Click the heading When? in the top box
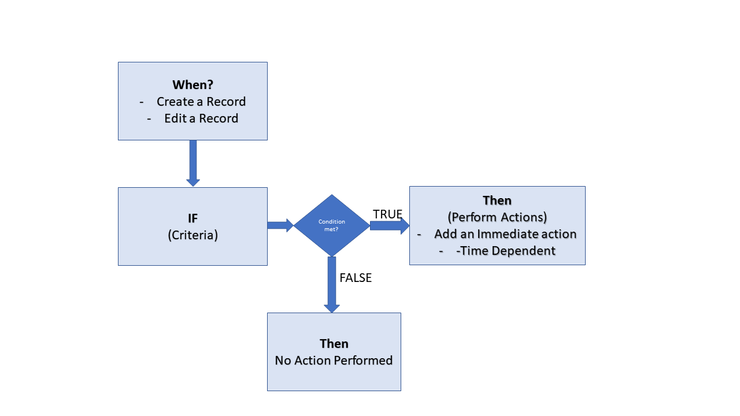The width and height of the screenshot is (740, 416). click(193, 85)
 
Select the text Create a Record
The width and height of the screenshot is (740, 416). click(201, 102)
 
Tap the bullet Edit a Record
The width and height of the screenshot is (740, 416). click(201, 118)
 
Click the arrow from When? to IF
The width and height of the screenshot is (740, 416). click(193, 163)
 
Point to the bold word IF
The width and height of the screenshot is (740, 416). click(193, 218)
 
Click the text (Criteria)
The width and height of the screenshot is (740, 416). click(193, 235)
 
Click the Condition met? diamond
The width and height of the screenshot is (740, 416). click(331, 225)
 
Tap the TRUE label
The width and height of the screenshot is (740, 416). click(387, 214)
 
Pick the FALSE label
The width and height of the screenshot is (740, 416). click(356, 278)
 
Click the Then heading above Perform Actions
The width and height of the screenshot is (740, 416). click(497, 200)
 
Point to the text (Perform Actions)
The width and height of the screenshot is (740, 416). click(497, 217)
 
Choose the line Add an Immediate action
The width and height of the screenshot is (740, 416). click(505, 234)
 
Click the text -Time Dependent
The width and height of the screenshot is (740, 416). click(505, 251)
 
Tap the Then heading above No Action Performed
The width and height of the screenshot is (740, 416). click(334, 344)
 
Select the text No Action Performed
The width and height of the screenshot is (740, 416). click(334, 361)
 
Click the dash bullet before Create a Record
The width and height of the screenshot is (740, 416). click(142, 102)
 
